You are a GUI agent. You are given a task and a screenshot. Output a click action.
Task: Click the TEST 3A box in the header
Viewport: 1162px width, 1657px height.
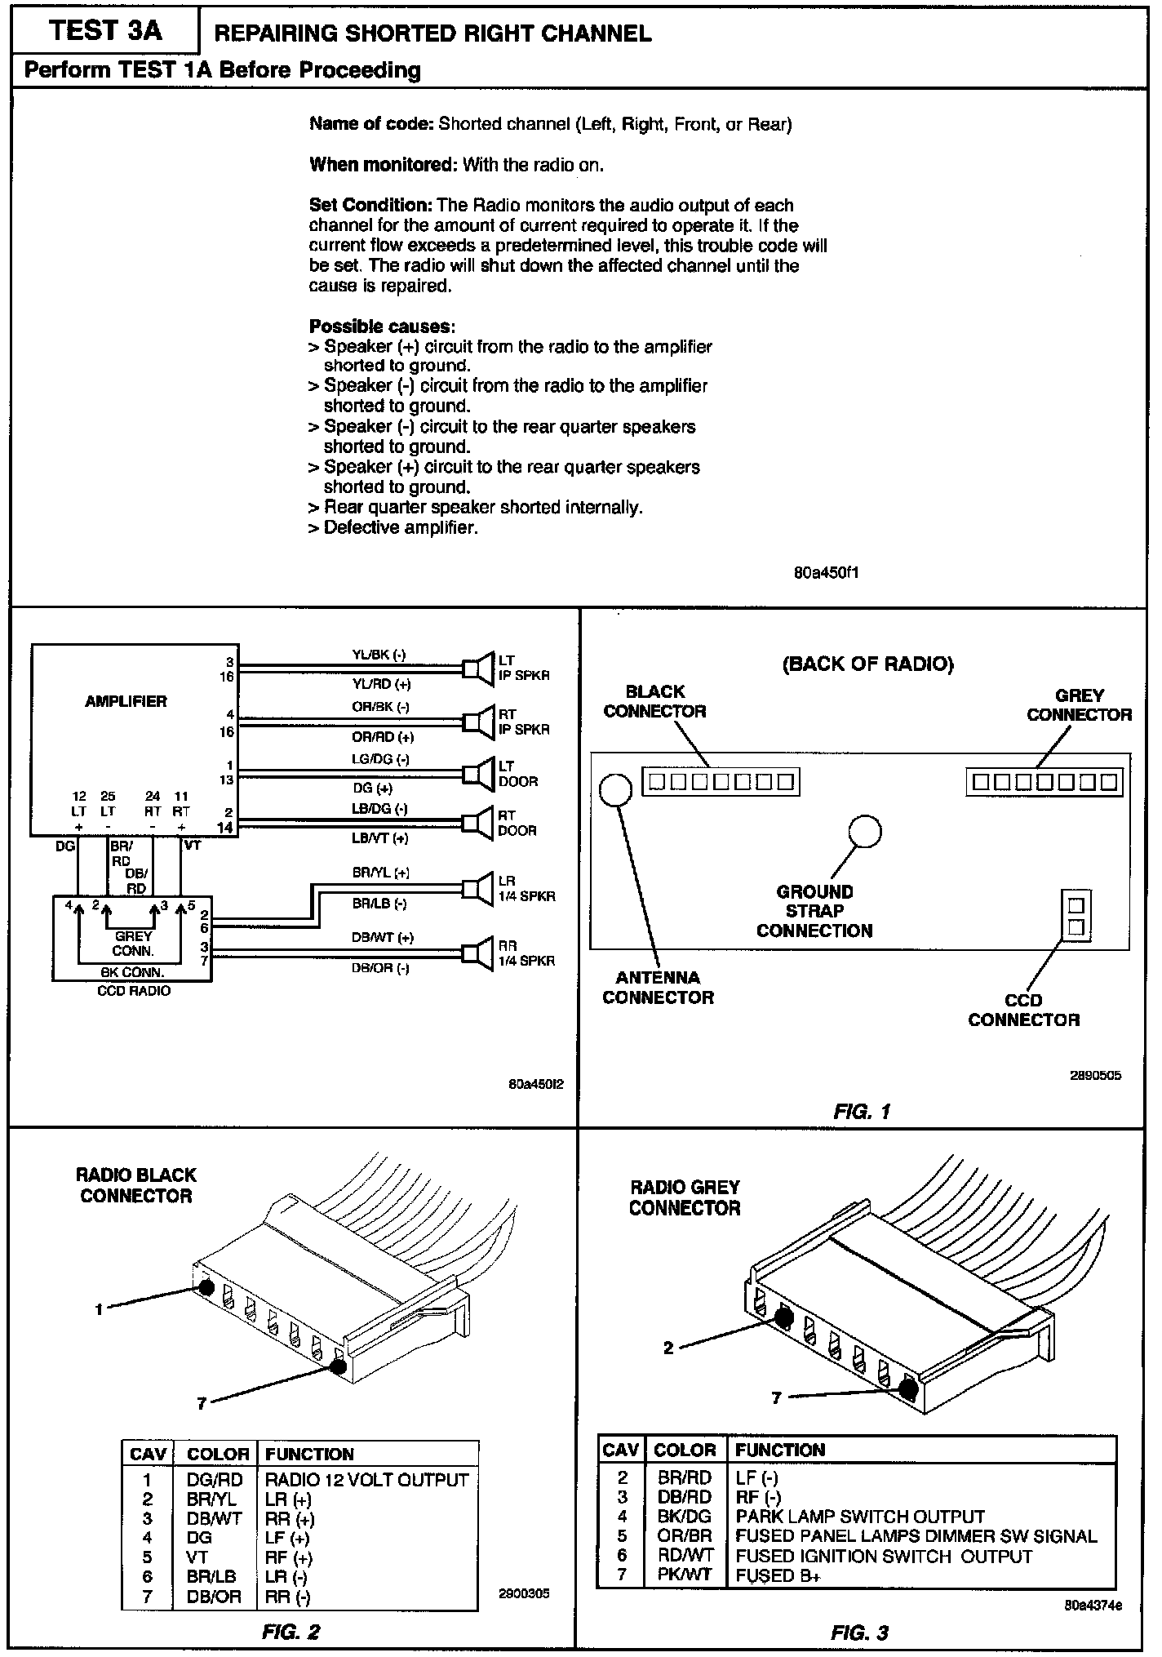[x=105, y=31]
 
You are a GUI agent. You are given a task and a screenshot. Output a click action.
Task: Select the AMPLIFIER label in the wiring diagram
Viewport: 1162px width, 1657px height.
[x=126, y=701]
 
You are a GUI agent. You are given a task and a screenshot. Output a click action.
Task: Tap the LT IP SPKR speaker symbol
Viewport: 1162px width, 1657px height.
[x=478, y=668]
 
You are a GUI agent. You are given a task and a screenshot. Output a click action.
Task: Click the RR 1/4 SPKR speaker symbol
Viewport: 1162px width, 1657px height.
[x=478, y=953]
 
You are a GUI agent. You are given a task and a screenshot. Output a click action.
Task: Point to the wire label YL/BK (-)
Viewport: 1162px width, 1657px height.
[x=379, y=655]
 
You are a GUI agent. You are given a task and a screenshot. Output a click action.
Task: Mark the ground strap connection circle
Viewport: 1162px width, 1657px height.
[x=865, y=832]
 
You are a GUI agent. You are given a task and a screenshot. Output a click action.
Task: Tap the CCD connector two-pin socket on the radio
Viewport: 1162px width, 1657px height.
[x=1076, y=915]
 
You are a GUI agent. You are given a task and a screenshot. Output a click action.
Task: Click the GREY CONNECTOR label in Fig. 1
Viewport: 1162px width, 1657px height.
[x=1079, y=705]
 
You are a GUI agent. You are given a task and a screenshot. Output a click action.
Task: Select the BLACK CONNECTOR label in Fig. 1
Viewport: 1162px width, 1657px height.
[x=654, y=701]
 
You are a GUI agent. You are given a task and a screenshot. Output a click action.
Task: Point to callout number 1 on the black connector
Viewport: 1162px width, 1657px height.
[x=100, y=1310]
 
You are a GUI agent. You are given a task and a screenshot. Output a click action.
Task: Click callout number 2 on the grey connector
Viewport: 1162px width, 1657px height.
[x=668, y=1348]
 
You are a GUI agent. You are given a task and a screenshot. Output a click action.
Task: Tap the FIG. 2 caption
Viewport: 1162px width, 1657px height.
[x=291, y=1632]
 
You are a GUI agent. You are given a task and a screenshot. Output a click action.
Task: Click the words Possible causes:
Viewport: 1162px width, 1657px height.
[x=382, y=327]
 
